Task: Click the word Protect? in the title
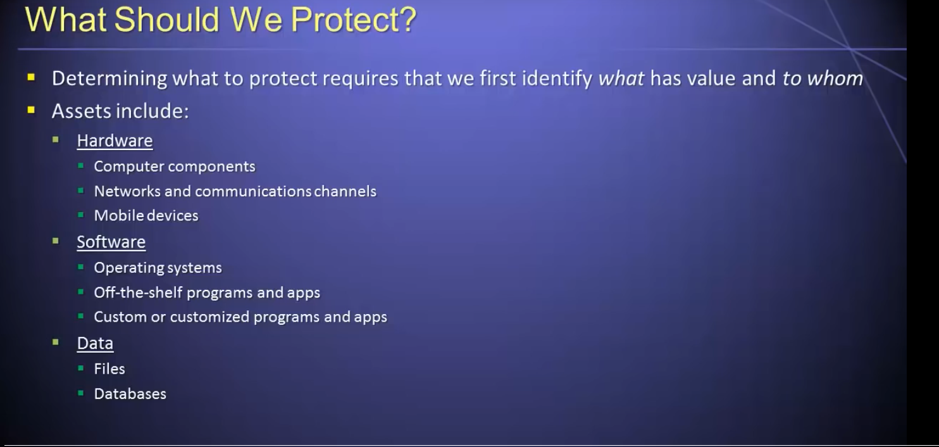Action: pyautogui.click(x=354, y=20)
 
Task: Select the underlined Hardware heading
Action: pyautogui.click(x=115, y=141)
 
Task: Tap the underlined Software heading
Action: pyautogui.click(x=111, y=242)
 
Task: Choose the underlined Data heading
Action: pyautogui.click(x=95, y=343)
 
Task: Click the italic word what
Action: pyautogui.click(x=621, y=79)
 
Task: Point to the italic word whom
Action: pyautogui.click(x=835, y=79)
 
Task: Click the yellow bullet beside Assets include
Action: pyautogui.click(x=31, y=110)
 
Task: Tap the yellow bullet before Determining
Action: pyautogui.click(x=31, y=77)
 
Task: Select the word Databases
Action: pyautogui.click(x=130, y=394)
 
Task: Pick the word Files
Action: pyautogui.click(x=109, y=369)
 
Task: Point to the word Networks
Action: pyautogui.click(x=127, y=191)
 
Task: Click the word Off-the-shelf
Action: pyautogui.click(x=138, y=293)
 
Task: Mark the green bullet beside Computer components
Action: pyautogui.click(x=81, y=166)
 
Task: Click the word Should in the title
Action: pyautogui.click(x=166, y=20)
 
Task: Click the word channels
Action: pyautogui.click(x=345, y=191)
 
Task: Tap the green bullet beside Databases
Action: pyautogui.click(x=81, y=393)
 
